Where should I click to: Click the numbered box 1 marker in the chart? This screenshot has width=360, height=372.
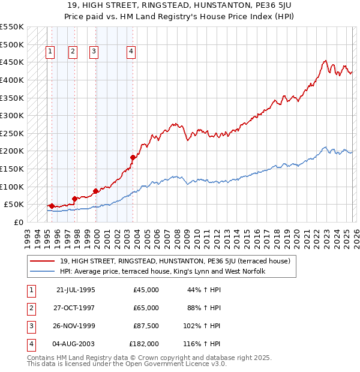coord(49,52)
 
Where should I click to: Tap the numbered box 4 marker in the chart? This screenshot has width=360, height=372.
coord(130,52)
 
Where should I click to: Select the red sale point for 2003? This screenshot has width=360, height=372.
coord(133,157)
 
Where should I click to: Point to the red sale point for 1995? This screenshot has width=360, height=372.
coord(52,206)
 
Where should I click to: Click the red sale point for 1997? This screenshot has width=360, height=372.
coord(74,199)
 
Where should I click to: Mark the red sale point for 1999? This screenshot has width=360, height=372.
coord(95,191)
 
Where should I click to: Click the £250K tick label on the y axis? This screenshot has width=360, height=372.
coord(11,133)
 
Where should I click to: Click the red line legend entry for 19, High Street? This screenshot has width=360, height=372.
coord(175,261)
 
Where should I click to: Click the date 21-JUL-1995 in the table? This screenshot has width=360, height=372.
coord(76,290)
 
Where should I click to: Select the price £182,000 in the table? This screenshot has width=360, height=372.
coord(144,344)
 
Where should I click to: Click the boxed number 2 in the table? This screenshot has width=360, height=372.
coord(30,308)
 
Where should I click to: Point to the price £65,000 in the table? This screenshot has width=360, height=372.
coord(146,308)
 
